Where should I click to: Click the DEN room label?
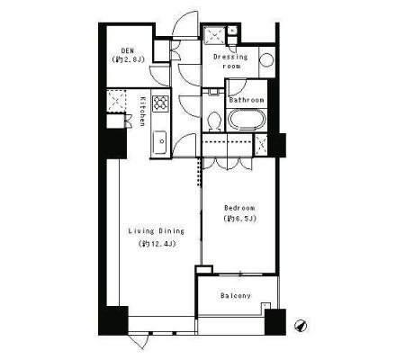(128, 51)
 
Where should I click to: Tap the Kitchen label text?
(142, 112)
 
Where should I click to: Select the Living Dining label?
(157, 231)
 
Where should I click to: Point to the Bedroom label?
(239, 208)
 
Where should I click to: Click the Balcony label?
(236, 295)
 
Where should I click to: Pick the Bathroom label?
(247, 100)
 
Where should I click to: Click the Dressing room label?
(230, 61)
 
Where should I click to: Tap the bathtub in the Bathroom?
(247, 120)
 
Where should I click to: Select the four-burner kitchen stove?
(161, 103)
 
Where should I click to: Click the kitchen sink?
(160, 142)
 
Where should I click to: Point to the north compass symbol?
(301, 326)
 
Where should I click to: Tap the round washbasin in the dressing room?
(266, 59)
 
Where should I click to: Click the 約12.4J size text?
(157, 244)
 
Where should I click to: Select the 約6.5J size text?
(240, 219)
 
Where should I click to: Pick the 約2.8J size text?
(128, 59)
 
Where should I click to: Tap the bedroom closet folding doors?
(228, 164)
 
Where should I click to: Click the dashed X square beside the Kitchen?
(116, 100)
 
